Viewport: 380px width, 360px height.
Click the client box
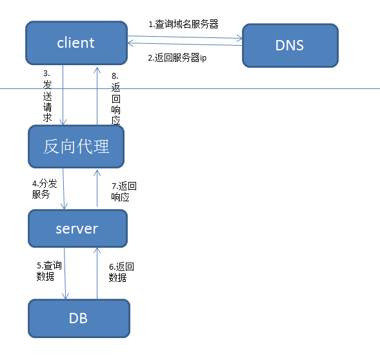pos(75,43)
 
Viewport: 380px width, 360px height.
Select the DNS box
pos(290,46)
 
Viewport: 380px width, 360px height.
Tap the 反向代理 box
pos(76,146)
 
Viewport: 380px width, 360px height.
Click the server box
pos(77,228)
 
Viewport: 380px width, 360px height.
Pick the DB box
pos(78,318)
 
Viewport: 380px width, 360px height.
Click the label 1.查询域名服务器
pos(183,24)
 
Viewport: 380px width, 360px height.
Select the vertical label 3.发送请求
pos(47,96)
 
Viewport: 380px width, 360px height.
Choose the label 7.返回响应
pos(124,192)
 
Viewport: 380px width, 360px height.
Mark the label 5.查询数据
pos(49,271)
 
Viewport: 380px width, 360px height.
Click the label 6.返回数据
pos(121,272)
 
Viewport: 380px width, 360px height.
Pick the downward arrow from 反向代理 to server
pos(63,188)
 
